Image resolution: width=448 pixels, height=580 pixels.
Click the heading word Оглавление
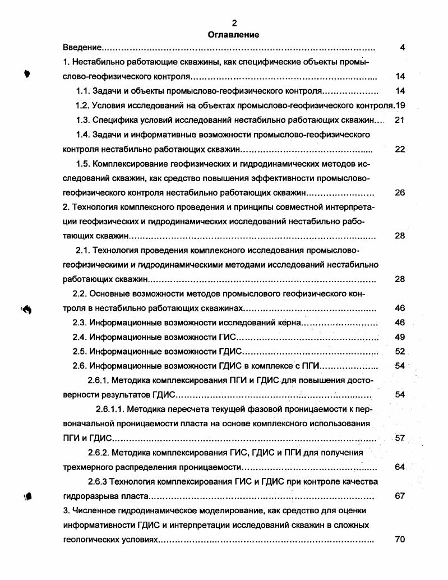233,35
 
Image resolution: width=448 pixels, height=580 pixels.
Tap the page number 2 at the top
234,22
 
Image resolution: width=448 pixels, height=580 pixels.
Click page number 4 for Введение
402,48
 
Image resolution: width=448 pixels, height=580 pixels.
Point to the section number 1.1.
83,91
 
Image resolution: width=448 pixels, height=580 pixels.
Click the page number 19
400,105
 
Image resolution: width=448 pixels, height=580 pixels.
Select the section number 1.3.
83,120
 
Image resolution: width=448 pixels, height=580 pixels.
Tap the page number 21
400,120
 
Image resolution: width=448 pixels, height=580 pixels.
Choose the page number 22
400,149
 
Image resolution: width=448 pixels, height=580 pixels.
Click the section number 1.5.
83,164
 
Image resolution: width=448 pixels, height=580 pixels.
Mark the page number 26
400,192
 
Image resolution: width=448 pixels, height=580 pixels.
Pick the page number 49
400,337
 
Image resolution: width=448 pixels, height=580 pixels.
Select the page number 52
400,352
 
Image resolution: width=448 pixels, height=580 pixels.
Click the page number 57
400,438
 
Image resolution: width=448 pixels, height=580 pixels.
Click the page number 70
400,540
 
